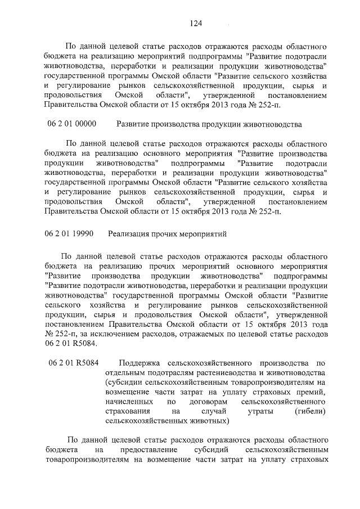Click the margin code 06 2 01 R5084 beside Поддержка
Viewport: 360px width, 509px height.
74,363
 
